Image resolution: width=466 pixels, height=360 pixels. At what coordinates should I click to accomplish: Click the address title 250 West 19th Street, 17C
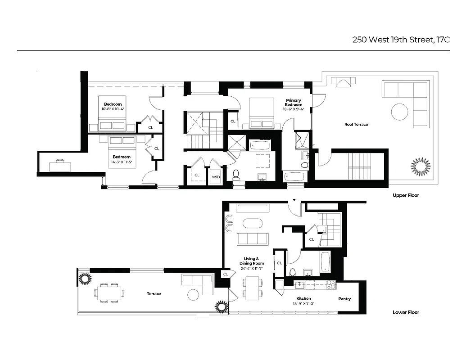(x=401, y=40)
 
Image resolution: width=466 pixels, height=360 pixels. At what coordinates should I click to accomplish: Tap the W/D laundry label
(x=216, y=177)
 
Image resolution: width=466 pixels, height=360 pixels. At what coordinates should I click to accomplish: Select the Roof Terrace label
(x=356, y=125)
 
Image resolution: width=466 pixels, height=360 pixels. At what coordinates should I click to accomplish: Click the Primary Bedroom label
(x=293, y=103)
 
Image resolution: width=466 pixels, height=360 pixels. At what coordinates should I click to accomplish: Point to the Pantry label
(x=344, y=299)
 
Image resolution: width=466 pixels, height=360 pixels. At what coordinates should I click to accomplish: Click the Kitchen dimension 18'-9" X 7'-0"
(x=303, y=304)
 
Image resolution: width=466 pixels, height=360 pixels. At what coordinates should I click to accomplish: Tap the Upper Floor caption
(x=406, y=196)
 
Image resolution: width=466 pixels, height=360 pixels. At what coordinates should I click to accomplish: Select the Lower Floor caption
(x=406, y=312)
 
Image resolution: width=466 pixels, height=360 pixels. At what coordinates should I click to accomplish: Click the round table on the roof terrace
(x=399, y=112)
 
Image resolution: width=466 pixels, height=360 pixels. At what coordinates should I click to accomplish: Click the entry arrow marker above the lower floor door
(x=294, y=200)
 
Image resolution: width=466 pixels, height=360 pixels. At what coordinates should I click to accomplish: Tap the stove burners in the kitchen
(x=331, y=284)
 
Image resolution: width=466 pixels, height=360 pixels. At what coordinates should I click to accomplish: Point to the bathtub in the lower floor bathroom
(x=326, y=262)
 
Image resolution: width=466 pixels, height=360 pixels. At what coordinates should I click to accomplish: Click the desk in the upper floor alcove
(x=60, y=165)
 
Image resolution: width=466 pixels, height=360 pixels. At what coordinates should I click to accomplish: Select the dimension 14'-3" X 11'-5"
(x=122, y=162)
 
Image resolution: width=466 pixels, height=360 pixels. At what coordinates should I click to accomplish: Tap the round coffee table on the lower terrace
(x=193, y=295)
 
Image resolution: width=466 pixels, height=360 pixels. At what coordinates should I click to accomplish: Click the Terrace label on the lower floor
(x=154, y=294)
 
